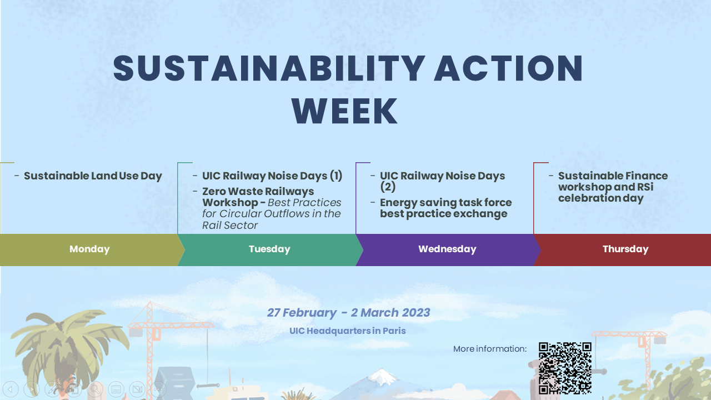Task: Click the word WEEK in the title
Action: point(345,111)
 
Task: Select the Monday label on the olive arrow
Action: point(89,249)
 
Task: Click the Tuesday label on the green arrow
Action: point(269,249)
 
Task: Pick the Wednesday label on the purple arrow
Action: point(447,249)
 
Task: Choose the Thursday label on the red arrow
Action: point(625,249)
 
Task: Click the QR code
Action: point(565,368)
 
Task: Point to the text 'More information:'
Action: point(490,349)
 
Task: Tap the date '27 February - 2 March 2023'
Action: point(348,313)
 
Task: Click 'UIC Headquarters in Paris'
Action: point(348,331)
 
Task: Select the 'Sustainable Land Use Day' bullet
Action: point(93,176)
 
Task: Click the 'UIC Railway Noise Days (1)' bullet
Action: point(272,176)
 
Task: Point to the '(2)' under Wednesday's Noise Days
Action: point(388,187)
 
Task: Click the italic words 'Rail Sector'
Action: point(230,226)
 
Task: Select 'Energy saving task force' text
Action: point(446,203)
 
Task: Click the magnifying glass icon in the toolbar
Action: point(95,389)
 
